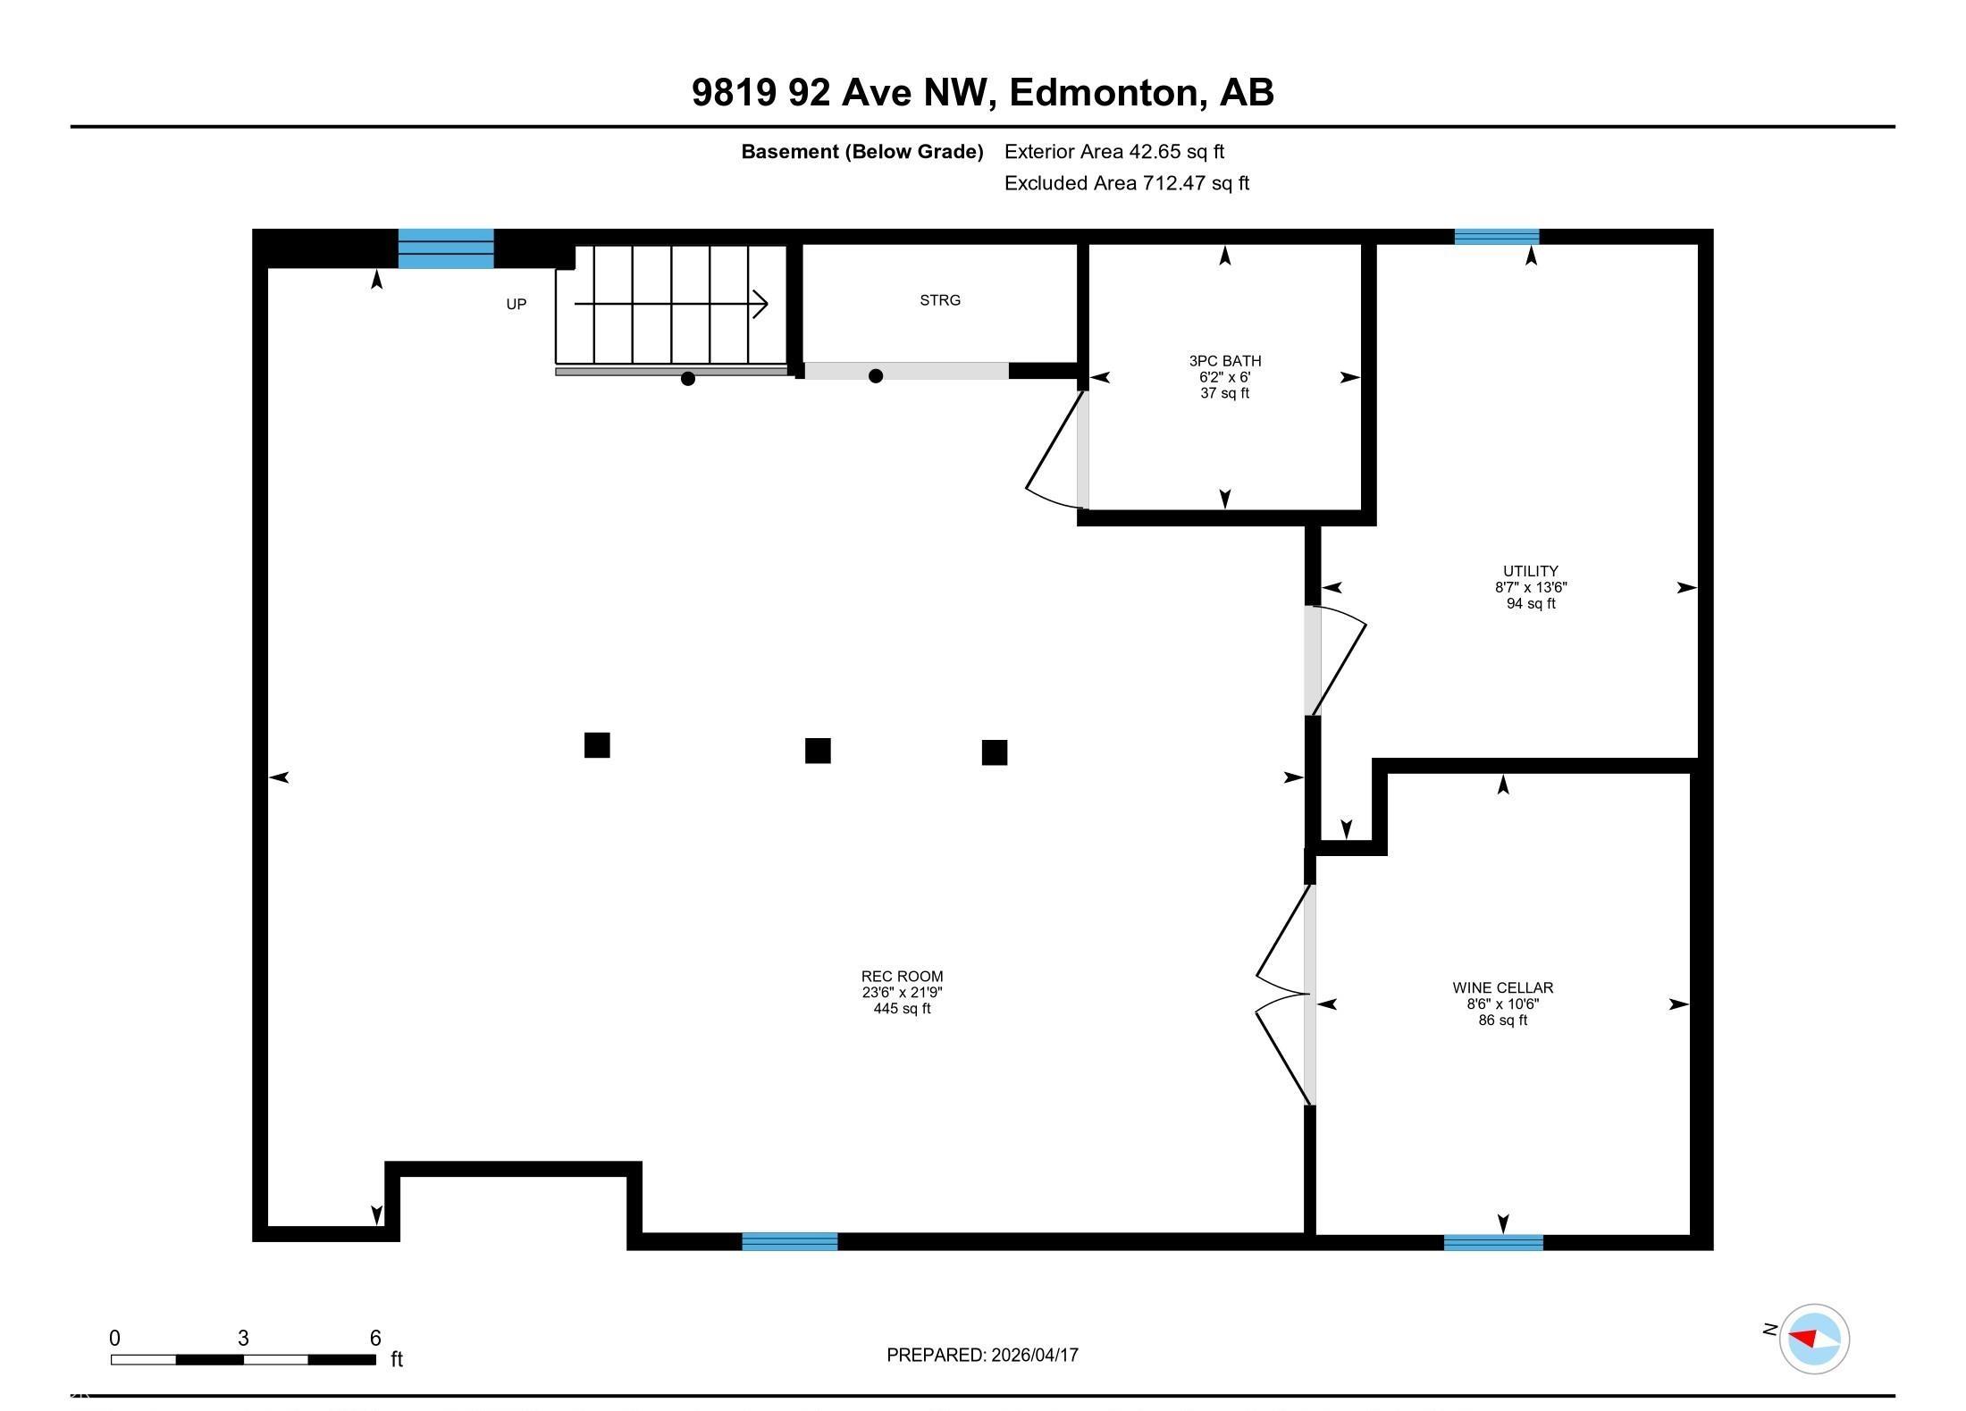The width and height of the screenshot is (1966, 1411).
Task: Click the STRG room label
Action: [940, 300]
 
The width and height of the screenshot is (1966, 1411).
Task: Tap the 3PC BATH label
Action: [1225, 361]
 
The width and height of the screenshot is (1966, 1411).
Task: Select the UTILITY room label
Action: [1531, 571]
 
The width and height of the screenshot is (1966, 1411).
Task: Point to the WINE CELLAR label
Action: [1503, 987]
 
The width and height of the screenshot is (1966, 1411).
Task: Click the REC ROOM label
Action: [903, 976]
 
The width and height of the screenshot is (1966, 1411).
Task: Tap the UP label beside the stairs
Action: [517, 304]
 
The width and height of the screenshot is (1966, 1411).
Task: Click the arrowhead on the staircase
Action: [760, 304]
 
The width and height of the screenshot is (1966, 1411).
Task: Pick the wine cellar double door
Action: [1285, 995]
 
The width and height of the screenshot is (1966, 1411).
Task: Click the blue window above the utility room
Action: [1497, 237]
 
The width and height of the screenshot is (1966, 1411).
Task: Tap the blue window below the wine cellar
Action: [1493, 1242]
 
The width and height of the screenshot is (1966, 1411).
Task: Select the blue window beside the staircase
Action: [446, 248]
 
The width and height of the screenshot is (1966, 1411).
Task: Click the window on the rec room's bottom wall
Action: [790, 1241]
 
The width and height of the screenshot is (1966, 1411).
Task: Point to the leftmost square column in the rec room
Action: [597, 745]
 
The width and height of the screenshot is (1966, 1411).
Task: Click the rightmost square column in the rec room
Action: [995, 752]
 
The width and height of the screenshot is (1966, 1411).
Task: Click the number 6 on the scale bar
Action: [375, 1338]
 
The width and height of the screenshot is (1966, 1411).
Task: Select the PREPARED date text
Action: [982, 1355]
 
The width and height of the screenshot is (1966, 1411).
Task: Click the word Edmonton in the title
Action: [1104, 92]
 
